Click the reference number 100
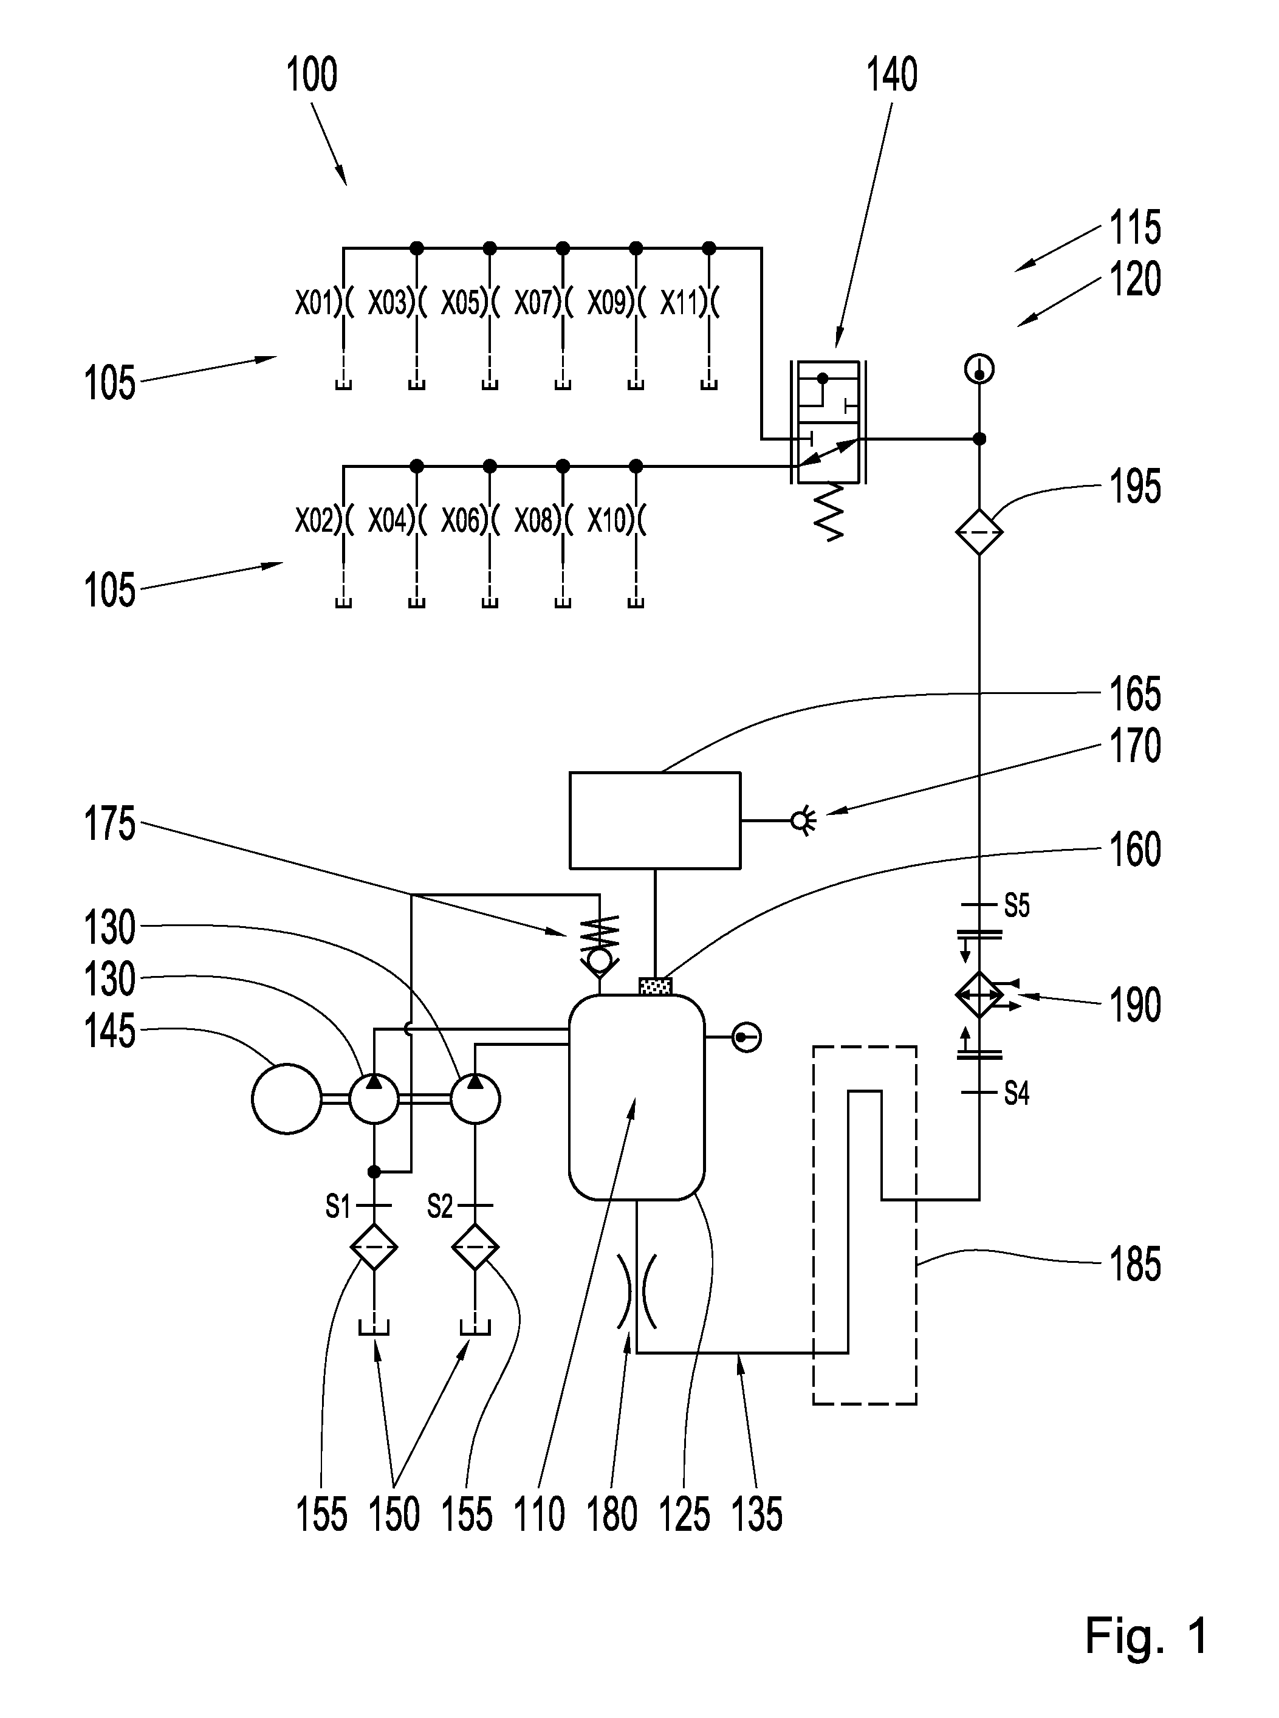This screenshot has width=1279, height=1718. (312, 75)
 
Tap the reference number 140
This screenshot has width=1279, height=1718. (892, 75)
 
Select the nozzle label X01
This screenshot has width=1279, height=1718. (314, 302)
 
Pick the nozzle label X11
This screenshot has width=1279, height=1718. (679, 302)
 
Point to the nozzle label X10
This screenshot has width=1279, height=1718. (606, 521)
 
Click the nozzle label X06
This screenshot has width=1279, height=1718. (460, 521)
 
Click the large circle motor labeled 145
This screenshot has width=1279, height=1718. (286, 1099)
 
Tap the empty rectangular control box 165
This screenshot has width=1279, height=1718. (655, 820)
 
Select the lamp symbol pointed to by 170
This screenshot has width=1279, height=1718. (802, 820)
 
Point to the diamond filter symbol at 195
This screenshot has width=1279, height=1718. (979, 532)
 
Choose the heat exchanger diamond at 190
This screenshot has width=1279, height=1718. (979, 995)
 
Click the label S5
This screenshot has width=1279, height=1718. (1017, 905)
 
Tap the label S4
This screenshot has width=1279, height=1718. (1017, 1093)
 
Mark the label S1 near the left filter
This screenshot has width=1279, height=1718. (338, 1206)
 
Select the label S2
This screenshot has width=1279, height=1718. (440, 1206)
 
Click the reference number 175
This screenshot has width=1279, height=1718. (109, 824)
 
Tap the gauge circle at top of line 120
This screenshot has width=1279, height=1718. (979, 369)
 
